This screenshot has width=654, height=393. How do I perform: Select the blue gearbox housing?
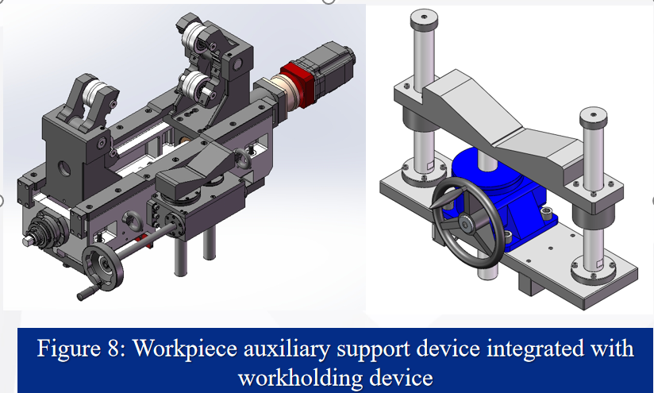[x=506, y=196]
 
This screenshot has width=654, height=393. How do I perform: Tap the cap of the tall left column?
[x=424, y=19]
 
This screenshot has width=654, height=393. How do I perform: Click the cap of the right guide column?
[x=593, y=118]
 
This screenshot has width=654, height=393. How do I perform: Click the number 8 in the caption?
[x=113, y=348]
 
